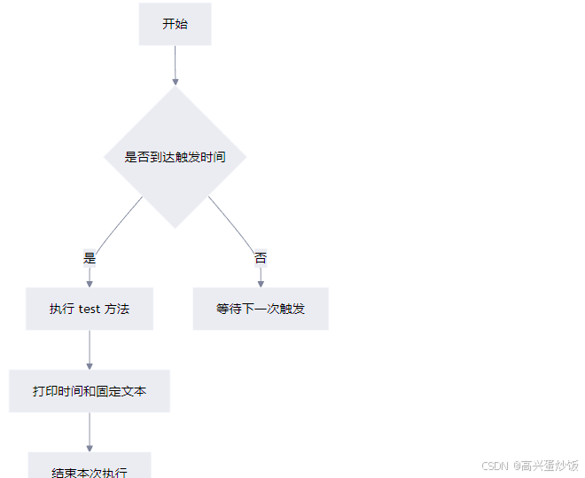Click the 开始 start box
175,24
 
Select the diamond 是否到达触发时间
175,157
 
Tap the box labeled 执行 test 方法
90,309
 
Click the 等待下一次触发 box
261,309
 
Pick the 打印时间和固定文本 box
90,390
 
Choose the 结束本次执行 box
90,468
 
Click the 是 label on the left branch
90,259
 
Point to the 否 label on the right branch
261,259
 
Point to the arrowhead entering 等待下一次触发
261,283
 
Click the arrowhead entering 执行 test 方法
90,283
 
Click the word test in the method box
90,310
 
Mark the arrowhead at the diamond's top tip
175,82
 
